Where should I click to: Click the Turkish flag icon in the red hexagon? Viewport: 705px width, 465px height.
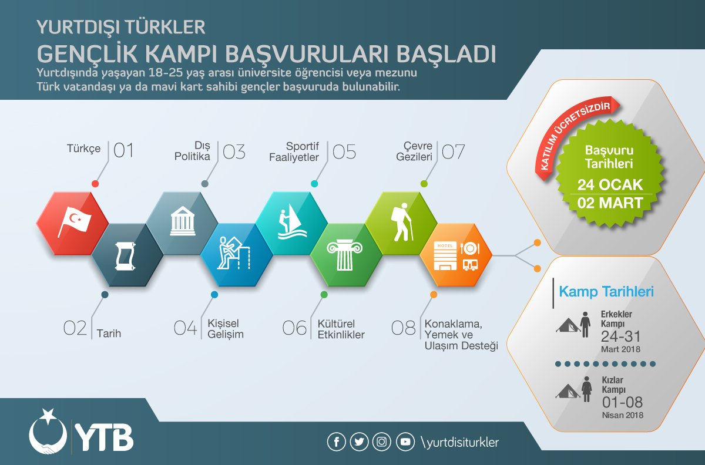74,222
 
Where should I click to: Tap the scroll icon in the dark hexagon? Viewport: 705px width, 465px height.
125,255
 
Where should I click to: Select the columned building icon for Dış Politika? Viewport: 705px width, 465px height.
183,221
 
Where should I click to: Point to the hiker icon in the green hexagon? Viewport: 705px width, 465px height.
402,222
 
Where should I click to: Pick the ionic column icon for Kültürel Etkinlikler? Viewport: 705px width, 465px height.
345,255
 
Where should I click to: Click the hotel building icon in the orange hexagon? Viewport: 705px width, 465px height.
445,256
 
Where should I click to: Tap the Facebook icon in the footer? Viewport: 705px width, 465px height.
337,442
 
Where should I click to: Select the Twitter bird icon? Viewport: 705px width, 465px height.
359,442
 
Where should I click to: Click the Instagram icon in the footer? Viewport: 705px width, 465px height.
382,442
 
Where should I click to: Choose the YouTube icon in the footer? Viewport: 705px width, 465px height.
405,442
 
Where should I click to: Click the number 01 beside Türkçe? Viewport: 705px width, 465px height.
124,150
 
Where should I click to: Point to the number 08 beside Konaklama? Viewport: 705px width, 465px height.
404,328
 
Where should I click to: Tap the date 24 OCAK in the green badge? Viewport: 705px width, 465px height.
610,185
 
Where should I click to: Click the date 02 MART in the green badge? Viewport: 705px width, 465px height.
610,203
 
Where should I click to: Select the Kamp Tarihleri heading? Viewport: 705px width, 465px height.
606,292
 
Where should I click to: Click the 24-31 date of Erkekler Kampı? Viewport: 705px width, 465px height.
620,336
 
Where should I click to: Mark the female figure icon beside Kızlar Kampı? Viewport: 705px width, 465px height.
586,389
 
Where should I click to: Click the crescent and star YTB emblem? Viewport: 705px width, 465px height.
48,432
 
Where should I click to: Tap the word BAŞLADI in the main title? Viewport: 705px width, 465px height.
446,54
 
